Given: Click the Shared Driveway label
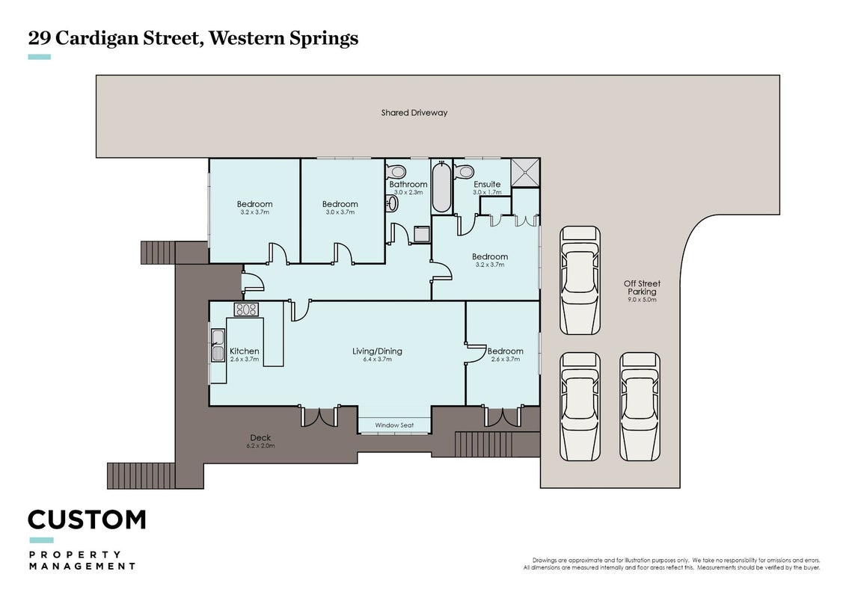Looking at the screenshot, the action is coord(414,113).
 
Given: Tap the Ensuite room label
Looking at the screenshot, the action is coord(487,184).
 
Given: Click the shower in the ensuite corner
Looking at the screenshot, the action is coord(525,173).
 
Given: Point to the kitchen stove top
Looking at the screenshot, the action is coord(246,309).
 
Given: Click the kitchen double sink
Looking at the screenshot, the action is coord(218,345).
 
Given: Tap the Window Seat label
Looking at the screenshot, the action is coord(394,425).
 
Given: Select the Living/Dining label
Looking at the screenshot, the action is coord(377,351).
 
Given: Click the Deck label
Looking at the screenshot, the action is coord(260,438).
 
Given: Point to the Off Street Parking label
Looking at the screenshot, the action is coord(642,287).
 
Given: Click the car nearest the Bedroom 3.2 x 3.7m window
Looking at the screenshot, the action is coord(580,280).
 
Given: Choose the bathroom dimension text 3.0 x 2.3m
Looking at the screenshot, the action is coord(408,193).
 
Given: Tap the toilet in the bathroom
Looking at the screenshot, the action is coord(396,172).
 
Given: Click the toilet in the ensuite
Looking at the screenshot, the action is coord(464,172).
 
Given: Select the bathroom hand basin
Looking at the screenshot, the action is coord(392,203).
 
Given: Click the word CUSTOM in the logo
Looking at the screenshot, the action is coord(87,520).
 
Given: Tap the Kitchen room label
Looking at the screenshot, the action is coord(245,351).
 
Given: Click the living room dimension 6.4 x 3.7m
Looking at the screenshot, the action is coord(377,359).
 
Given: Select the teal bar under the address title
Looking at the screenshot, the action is coord(40,57).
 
